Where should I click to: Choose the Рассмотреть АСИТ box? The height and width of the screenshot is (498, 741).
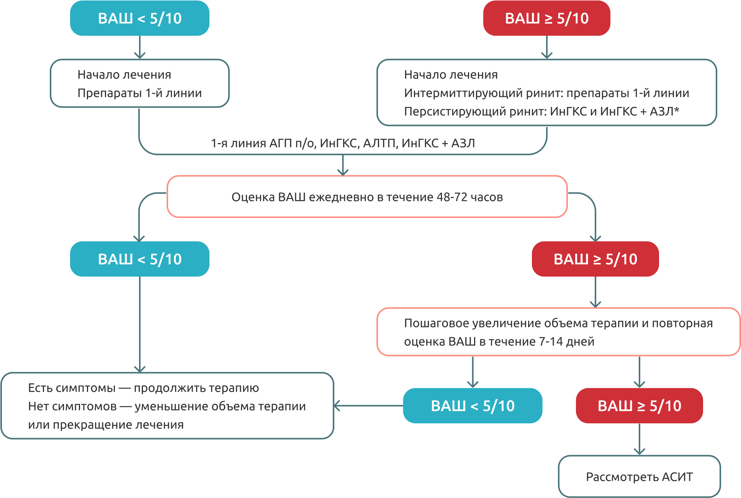tap(639, 477)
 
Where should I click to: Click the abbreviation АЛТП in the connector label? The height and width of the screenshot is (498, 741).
tap(379, 143)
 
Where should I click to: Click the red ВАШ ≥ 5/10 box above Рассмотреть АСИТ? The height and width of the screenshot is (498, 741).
tap(639, 406)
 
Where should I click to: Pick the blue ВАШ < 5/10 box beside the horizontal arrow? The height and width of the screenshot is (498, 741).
tap(473, 406)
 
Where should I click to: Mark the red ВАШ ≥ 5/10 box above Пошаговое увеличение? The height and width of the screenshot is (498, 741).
tap(595, 259)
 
